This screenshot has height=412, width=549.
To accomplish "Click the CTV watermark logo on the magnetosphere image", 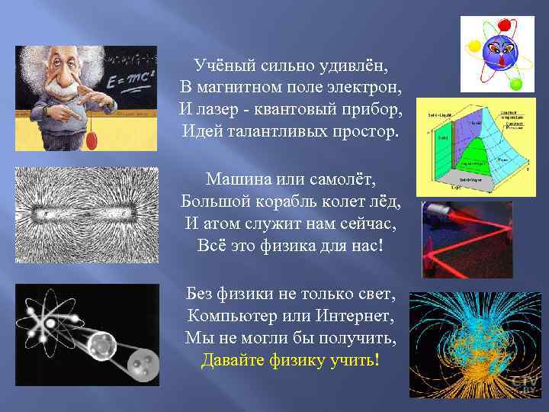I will (x=525, y=381).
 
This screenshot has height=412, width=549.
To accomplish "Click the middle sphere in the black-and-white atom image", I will (x=99, y=348).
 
